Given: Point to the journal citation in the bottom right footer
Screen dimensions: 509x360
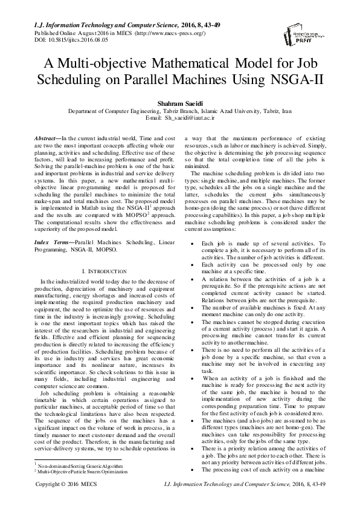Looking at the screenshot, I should [x=261, y=501].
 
